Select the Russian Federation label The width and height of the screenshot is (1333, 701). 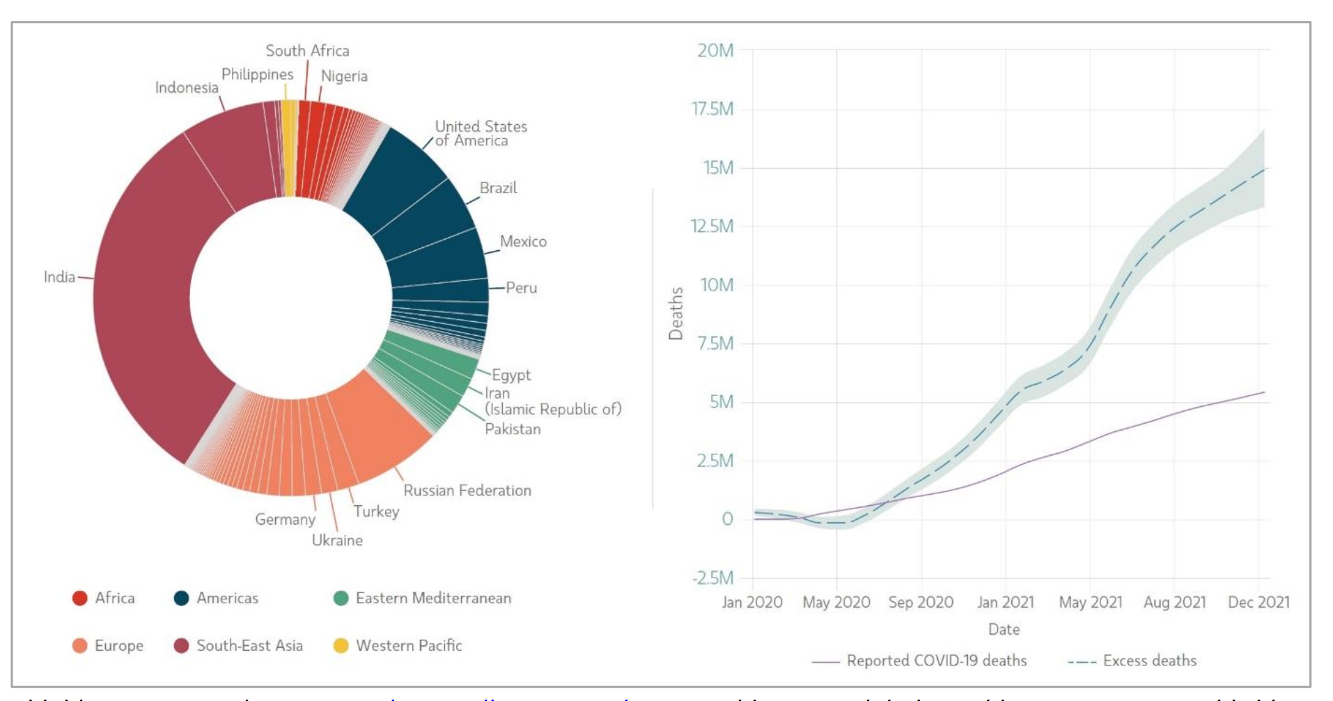coord(467,491)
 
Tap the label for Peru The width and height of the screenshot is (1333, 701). coord(521,288)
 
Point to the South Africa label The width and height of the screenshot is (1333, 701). coord(307,51)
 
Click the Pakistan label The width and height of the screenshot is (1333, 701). coord(513,429)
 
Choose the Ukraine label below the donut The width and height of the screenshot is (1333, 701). coord(337,540)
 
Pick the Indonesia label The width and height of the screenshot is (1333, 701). coord(187,88)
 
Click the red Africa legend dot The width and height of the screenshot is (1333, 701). coord(80,598)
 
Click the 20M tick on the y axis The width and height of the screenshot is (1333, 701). coord(715,50)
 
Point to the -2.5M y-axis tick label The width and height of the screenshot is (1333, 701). coord(712,578)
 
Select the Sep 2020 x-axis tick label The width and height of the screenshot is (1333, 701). coord(921,602)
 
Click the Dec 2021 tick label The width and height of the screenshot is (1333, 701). coord(1258,602)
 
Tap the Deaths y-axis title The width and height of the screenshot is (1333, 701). coord(676,314)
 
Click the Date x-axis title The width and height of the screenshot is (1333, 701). coord(1004,629)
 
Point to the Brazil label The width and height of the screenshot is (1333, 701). coord(498,188)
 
